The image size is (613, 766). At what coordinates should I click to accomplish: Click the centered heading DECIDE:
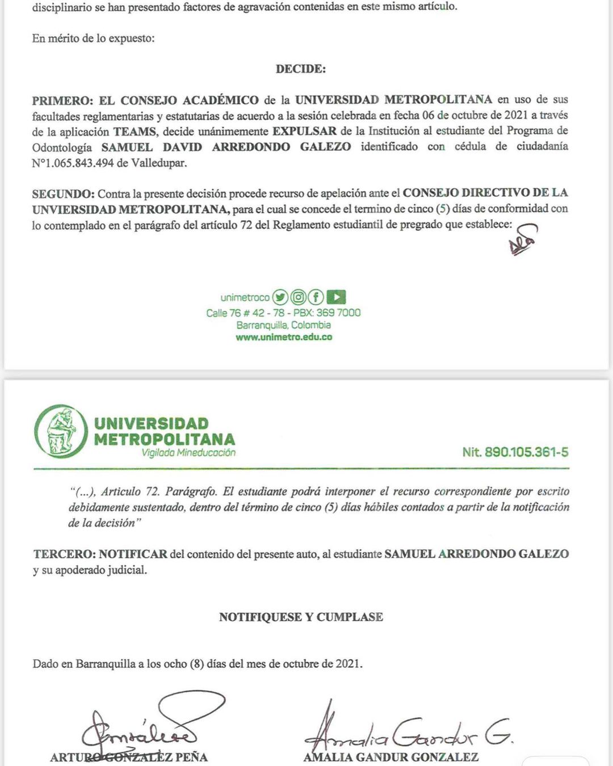coord(301,69)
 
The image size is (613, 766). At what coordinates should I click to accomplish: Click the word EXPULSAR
coord(304,131)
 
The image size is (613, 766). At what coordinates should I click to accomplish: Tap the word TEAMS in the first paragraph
coord(135,132)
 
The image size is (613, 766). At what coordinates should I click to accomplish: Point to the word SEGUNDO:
coord(63,193)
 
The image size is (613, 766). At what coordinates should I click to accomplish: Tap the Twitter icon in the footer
coord(280,297)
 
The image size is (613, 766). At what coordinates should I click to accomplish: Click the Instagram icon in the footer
coord(298,297)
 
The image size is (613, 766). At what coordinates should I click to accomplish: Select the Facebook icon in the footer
coord(316,297)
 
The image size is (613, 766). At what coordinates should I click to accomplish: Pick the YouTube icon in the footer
coord(336,297)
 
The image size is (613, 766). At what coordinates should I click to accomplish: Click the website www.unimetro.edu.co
coord(284,337)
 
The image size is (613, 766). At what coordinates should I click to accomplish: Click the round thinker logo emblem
coord(61,432)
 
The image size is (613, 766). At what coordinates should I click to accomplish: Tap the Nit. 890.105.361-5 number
coord(515,452)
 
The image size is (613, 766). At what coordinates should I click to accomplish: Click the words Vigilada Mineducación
coord(188,453)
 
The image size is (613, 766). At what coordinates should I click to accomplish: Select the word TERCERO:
coord(65,554)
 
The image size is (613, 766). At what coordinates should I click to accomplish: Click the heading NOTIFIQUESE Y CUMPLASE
coord(301,617)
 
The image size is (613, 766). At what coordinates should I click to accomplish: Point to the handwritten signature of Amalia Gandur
coord(406,732)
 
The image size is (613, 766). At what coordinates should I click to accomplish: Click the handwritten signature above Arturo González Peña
coord(150,726)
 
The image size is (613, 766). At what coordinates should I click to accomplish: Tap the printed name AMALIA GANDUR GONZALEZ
coord(391,757)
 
